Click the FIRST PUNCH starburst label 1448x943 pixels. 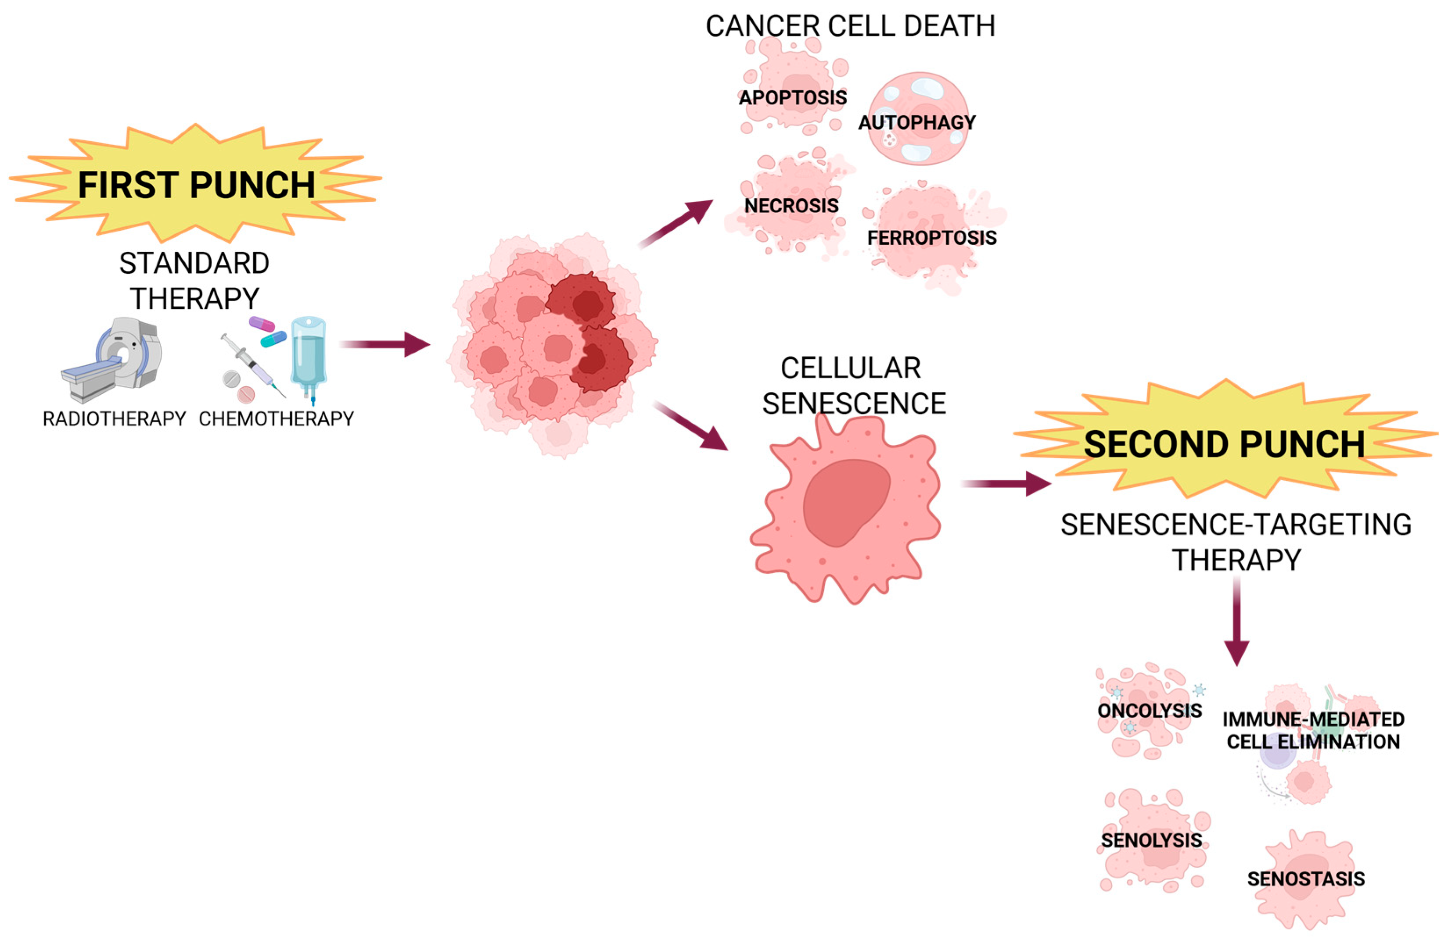(196, 184)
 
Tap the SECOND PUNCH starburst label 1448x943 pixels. (1224, 444)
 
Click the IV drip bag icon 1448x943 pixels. (309, 353)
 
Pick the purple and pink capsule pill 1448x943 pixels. (262, 323)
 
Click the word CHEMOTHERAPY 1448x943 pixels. (276, 418)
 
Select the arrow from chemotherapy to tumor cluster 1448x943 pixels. (386, 344)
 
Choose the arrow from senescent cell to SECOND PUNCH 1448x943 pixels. (1007, 484)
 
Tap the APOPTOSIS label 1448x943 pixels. (793, 97)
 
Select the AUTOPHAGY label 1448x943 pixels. (916, 122)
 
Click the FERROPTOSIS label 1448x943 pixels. (931, 237)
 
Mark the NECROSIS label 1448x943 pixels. (791, 206)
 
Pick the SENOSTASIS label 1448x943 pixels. (1306, 879)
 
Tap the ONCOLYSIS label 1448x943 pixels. (1149, 710)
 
